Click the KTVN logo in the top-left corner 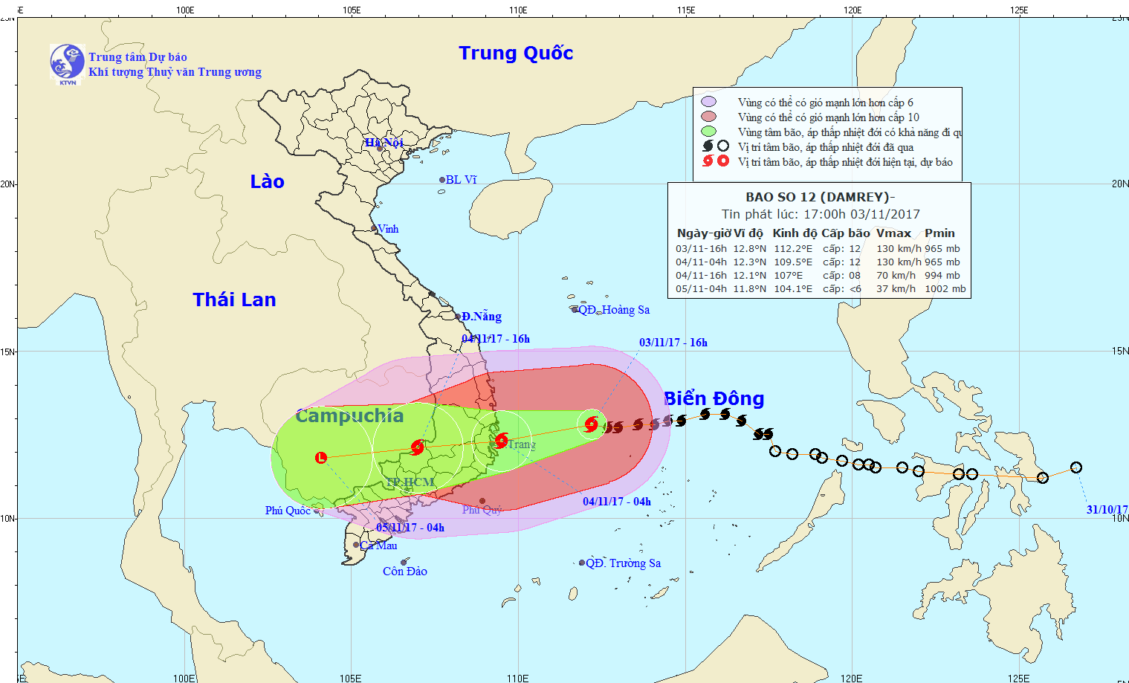pyautogui.click(x=67, y=63)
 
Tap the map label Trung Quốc pyautogui.click(x=516, y=54)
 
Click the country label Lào pyautogui.click(x=267, y=182)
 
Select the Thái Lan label pyautogui.click(x=234, y=300)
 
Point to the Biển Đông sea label pyautogui.click(x=714, y=399)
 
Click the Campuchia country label pyautogui.click(x=349, y=416)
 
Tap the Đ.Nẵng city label pyautogui.click(x=481, y=317)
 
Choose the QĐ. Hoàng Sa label pyautogui.click(x=614, y=310)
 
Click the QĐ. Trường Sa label pyautogui.click(x=623, y=563)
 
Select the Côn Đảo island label pyautogui.click(x=405, y=572)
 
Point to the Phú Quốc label pyautogui.click(x=288, y=511)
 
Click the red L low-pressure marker pyautogui.click(x=321, y=457)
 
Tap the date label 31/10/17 pyautogui.click(x=1107, y=510)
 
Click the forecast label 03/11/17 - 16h pyautogui.click(x=673, y=343)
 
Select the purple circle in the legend pyautogui.click(x=708, y=102)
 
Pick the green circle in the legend pyautogui.click(x=708, y=132)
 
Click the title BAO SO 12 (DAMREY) pyautogui.click(x=819, y=197)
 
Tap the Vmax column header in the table pyautogui.click(x=893, y=233)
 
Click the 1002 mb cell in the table pyautogui.click(x=945, y=289)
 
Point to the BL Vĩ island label pyautogui.click(x=461, y=180)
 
